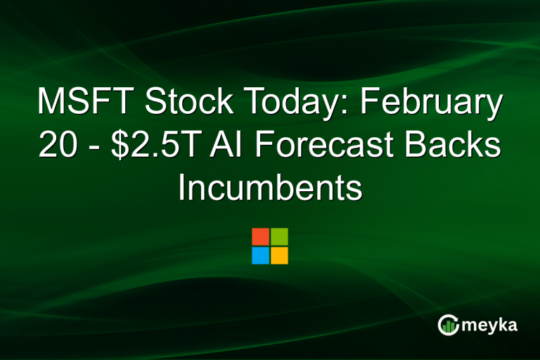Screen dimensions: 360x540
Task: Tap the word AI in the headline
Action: [x=239, y=146]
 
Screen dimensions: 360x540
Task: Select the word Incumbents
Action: [x=270, y=189]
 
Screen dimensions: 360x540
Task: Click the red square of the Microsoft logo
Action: [x=260, y=237]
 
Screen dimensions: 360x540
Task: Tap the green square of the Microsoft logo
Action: [x=279, y=237]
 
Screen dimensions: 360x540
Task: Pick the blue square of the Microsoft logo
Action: [x=260, y=255]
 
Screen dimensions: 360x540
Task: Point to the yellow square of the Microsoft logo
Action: [x=279, y=255]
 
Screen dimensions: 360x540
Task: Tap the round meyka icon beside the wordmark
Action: [x=449, y=324]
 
